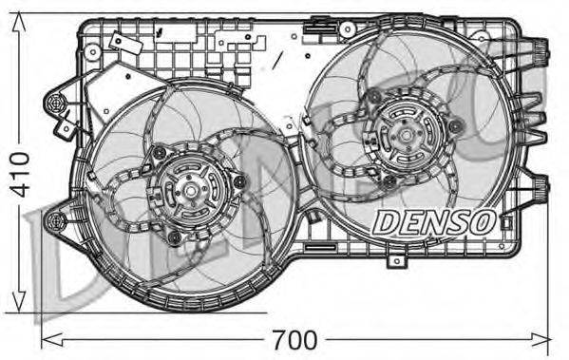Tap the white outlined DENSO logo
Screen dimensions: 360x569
click(432, 221)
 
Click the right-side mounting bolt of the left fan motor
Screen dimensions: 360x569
click(239, 180)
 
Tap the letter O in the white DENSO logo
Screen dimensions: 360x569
click(481, 221)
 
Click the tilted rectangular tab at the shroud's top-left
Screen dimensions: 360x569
click(117, 42)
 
